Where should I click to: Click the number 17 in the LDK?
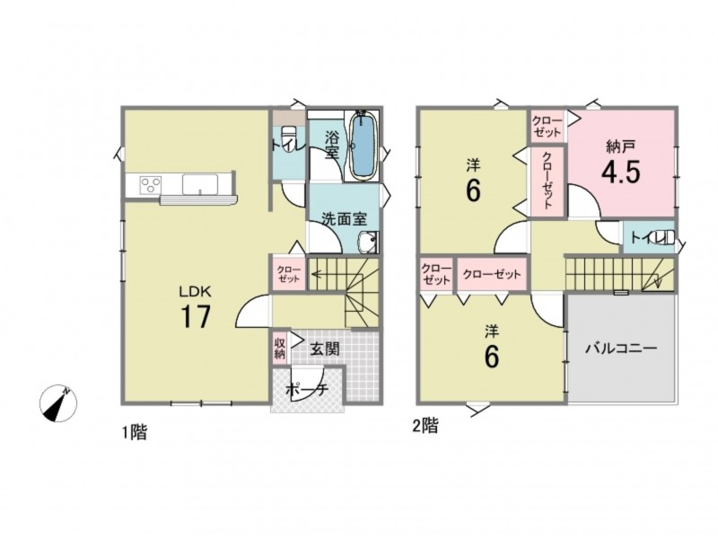click(196, 316)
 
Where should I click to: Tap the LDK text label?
click(195, 290)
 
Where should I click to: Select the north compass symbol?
click(58, 403)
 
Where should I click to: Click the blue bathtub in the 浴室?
click(364, 146)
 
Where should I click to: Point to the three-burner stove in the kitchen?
click(150, 185)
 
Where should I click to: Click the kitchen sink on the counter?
click(200, 184)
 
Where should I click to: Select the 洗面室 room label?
click(344, 219)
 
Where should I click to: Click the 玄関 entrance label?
click(325, 349)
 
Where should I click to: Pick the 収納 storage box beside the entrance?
click(280, 348)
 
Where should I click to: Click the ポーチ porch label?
click(306, 390)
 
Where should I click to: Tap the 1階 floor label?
click(134, 432)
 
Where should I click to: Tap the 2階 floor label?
click(425, 426)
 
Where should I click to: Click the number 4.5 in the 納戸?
click(620, 172)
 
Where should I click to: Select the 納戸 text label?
click(620, 146)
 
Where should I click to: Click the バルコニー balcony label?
click(621, 349)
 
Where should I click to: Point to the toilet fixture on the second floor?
click(666, 237)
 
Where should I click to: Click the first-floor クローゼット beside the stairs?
click(288, 274)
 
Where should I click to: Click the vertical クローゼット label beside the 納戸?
click(547, 181)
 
